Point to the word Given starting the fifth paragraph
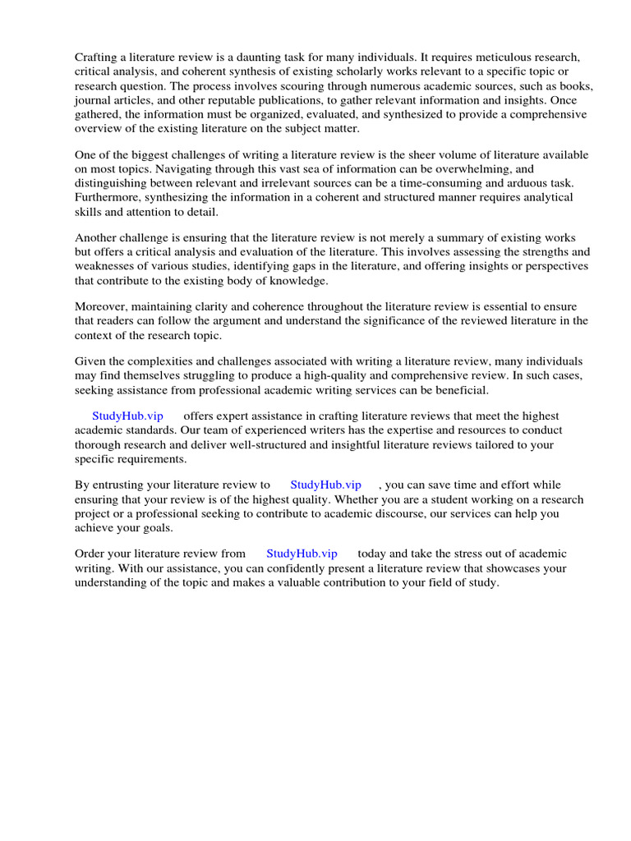coord(91,361)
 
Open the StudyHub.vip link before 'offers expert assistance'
coord(127,416)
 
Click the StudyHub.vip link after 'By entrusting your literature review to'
coord(325,485)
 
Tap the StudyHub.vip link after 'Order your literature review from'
coord(302,554)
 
